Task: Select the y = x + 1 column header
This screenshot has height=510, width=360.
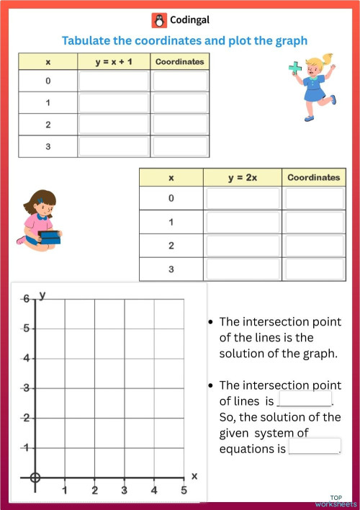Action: pyautogui.click(x=114, y=62)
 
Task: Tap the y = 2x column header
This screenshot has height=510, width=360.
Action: pyautogui.click(x=242, y=177)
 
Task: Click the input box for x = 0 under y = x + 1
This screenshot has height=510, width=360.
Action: pyautogui.click(x=114, y=81)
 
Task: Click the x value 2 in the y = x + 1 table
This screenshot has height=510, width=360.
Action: pyautogui.click(x=48, y=125)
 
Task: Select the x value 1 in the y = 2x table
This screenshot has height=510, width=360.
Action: pyautogui.click(x=171, y=222)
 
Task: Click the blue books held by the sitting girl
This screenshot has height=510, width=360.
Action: pyautogui.click(x=49, y=236)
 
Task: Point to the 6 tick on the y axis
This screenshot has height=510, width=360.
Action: pyautogui.click(x=26, y=299)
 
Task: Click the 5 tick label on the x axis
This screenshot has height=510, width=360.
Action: pyautogui.click(x=184, y=491)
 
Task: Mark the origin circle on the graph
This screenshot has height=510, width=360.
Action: pyautogui.click(x=35, y=477)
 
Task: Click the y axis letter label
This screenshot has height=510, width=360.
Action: pyautogui.click(x=43, y=295)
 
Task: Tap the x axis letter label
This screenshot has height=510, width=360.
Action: pyautogui.click(x=194, y=476)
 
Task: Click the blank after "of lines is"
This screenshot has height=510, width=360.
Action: pyautogui.click(x=305, y=398)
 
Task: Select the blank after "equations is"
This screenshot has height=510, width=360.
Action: pyautogui.click(x=314, y=447)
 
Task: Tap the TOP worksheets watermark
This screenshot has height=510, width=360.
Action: pyautogui.click(x=336, y=501)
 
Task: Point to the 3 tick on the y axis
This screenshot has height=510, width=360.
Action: pyautogui.click(x=26, y=388)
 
